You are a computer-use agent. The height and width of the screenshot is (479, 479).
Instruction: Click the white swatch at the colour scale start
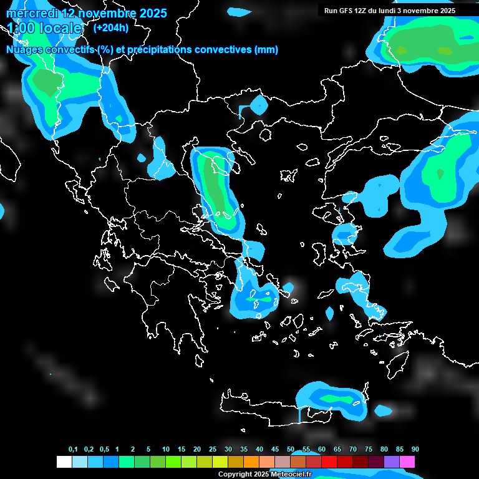(x=64, y=462)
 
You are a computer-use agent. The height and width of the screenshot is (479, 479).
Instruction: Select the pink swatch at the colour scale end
(x=407, y=462)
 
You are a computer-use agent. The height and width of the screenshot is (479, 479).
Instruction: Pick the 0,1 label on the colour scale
(x=73, y=450)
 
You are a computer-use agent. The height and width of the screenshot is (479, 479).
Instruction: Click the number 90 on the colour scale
(x=415, y=450)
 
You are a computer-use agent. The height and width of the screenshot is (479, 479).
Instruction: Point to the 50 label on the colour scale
(x=291, y=450)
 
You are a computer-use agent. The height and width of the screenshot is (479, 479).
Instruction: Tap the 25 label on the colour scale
(x=213, y=450)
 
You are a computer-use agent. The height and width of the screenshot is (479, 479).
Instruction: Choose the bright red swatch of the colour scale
(x=329, y=462)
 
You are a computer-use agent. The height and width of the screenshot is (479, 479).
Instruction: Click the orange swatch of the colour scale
(x=251, y=462)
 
